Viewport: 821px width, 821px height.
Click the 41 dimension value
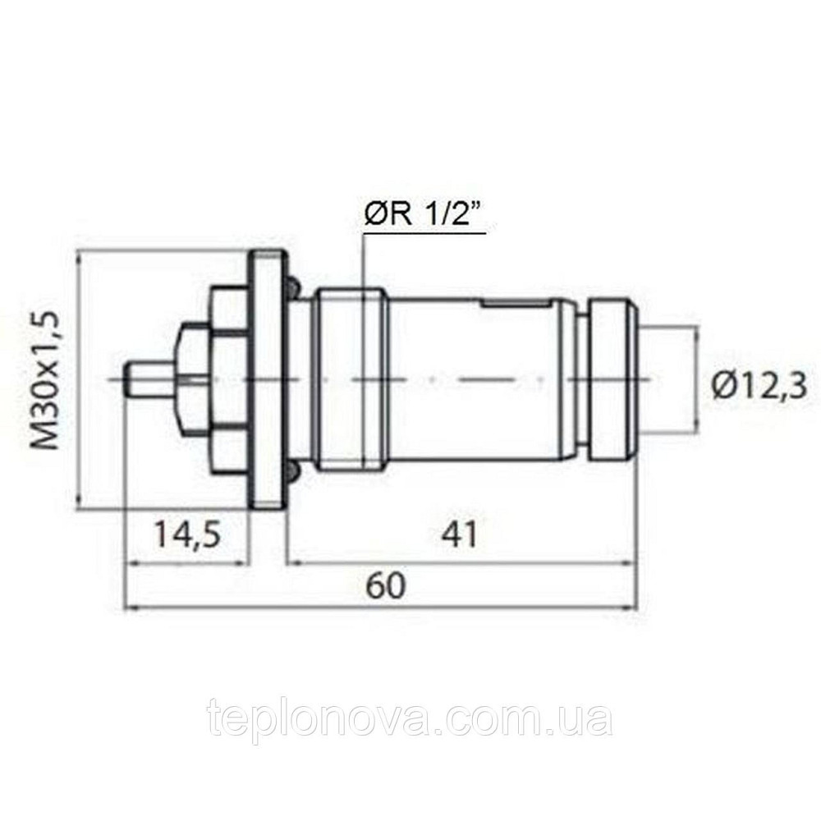[x=459, y=536]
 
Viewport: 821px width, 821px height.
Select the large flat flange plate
[x=268, y=379]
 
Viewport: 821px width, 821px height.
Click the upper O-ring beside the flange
[x=292, y=287]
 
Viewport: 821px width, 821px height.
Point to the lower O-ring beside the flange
[x=292, y=471]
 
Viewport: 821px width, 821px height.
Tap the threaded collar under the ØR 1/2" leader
[x=351, y=379]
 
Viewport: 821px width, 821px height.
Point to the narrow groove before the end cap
[x=581, y=379]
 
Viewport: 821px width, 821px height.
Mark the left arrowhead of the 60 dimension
[x=129, y=608]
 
